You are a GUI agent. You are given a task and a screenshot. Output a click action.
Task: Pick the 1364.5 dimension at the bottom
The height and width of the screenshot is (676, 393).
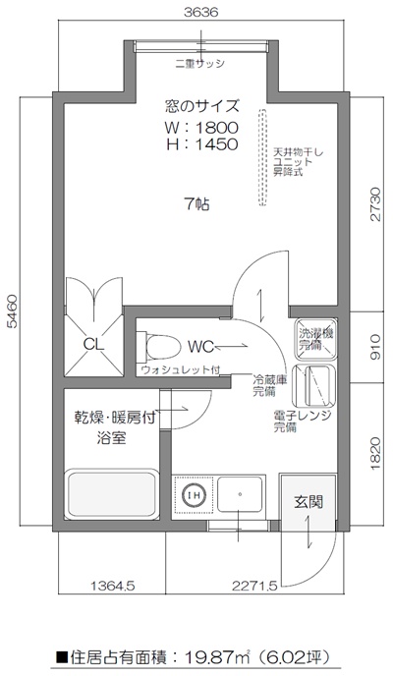click(111, 588)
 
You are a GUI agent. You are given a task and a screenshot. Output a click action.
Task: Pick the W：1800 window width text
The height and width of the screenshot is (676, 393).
click(200, 128)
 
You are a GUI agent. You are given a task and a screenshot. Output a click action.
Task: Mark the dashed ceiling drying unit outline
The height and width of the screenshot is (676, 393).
click(262, 157)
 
